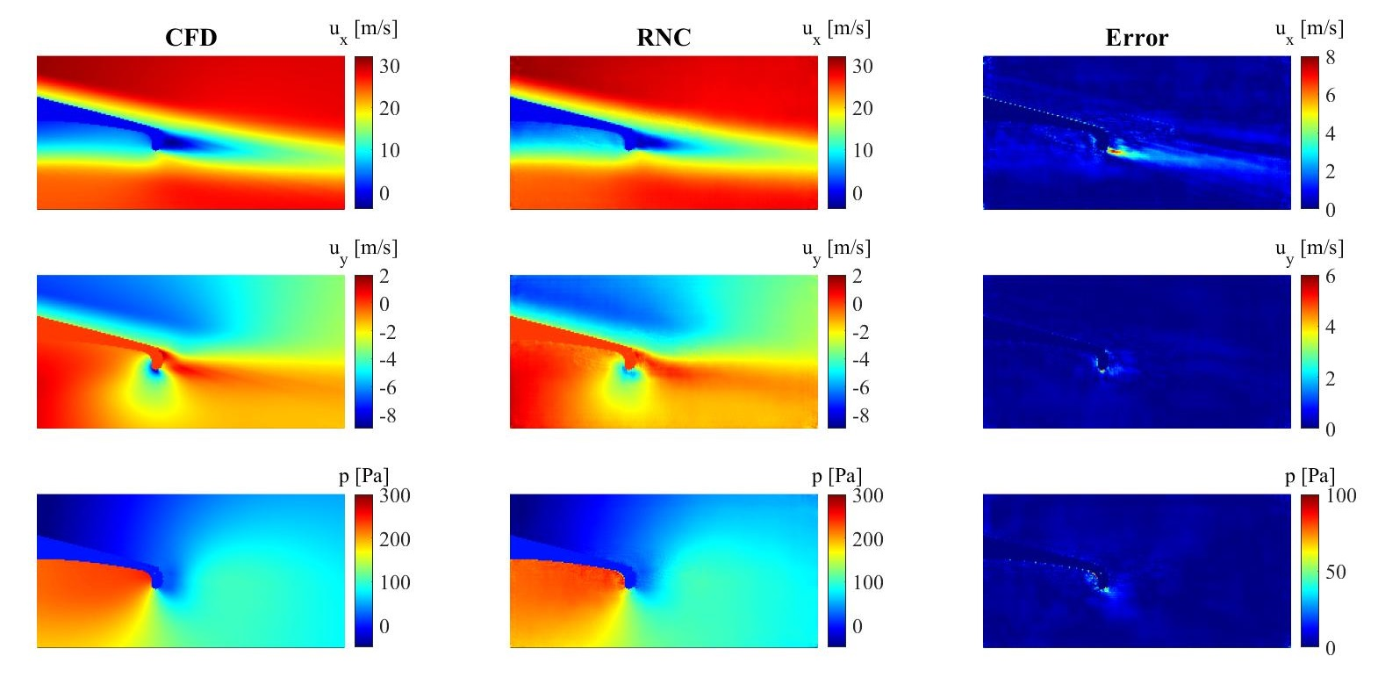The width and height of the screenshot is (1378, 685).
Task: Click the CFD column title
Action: point(190,37)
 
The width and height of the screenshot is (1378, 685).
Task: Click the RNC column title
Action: point(664,37)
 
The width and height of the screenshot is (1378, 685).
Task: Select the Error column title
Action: point(1137,37)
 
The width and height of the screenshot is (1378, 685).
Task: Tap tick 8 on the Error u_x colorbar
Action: point(1331,58)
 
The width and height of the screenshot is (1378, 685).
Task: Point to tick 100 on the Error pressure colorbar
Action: point(1341,495)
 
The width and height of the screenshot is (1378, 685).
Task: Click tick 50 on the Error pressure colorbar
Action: point(1336,572)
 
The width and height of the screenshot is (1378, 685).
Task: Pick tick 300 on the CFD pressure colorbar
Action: point(395,495)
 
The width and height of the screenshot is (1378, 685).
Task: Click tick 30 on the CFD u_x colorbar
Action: point(389,66)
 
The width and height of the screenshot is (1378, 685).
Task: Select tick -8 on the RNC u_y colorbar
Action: point(861,415)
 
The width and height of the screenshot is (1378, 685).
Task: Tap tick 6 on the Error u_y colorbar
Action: point(1331,277)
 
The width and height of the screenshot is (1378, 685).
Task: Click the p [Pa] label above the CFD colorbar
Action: point(364,476)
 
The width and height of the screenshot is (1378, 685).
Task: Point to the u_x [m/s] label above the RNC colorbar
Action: point(836,30)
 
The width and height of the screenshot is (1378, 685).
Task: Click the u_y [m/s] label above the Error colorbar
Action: point(1310,249)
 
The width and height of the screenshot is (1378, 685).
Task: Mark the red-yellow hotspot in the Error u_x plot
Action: point(1114,151)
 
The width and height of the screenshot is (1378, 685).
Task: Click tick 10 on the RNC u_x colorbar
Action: point(862,150)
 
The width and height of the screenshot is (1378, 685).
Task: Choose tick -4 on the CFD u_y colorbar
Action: point(387,359)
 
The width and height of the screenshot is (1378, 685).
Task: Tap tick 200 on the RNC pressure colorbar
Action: point(867,539)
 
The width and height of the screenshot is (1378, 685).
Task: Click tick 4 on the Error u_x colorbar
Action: point(1331,133)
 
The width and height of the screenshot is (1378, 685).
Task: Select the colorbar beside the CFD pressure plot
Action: point(363,571)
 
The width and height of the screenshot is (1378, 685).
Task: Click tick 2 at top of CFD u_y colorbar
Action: point(384,277)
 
